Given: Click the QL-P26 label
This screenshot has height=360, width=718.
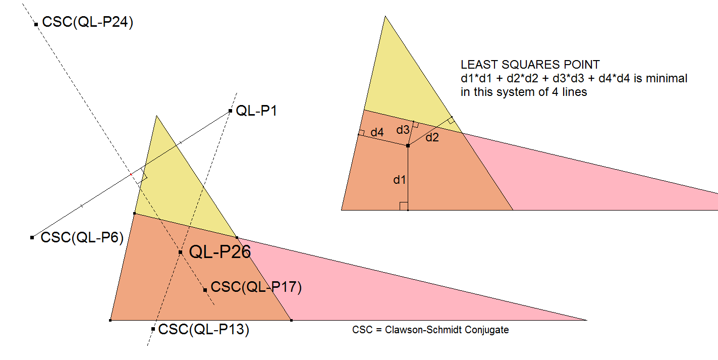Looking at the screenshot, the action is pyautogui.click(x=219, y=251).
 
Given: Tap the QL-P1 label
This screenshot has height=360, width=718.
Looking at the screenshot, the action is pyautogui.click(x=257, y=111).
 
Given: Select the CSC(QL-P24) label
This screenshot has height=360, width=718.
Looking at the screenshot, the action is pyautogui.click(x=88, y=23).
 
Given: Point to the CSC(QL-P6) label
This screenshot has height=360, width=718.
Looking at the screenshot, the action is pyautogui.click(x=82, y=237).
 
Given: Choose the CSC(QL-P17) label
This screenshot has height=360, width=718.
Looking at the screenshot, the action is pyautogui.click(x=256, y=287).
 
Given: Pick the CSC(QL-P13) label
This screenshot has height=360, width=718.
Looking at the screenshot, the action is pyautogui.click(x=204, y=330).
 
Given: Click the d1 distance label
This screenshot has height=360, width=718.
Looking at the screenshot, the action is pyautogui.click(x=400, y=180).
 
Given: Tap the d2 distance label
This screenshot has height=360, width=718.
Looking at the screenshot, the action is pyautogui.click(x=432, y=137).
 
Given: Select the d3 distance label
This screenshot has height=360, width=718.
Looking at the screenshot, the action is pyautogui.click(x=403, y=130).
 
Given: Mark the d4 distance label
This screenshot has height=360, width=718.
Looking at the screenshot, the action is pyautogui.click(x=377, y=133).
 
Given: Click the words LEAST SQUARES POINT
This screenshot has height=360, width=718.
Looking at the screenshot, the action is pyautogui.click(x=530, y=65).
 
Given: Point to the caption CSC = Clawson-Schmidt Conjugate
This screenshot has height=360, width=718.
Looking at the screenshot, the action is pyautogui.click(x=430, y=330).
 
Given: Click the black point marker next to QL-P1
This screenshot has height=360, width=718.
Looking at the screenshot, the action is pyautogui.click(x=230, y=111).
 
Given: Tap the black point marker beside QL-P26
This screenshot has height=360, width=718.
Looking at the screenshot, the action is pyautogui.click(x=180, y=252).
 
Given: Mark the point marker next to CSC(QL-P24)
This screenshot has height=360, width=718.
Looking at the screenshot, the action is pyautogui.click(x=36, y=24).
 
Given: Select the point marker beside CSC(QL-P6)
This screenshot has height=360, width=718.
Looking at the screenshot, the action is pyautogui.click(x=32, y=237).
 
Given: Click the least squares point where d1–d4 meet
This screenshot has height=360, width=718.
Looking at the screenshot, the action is pyautogui.click(x=408, y=145).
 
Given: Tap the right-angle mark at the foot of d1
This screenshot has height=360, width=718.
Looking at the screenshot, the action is pyautogui.click(x=404, y=205).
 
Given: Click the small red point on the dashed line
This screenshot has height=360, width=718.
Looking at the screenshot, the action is pyautogui.click(x=131, y=174).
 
